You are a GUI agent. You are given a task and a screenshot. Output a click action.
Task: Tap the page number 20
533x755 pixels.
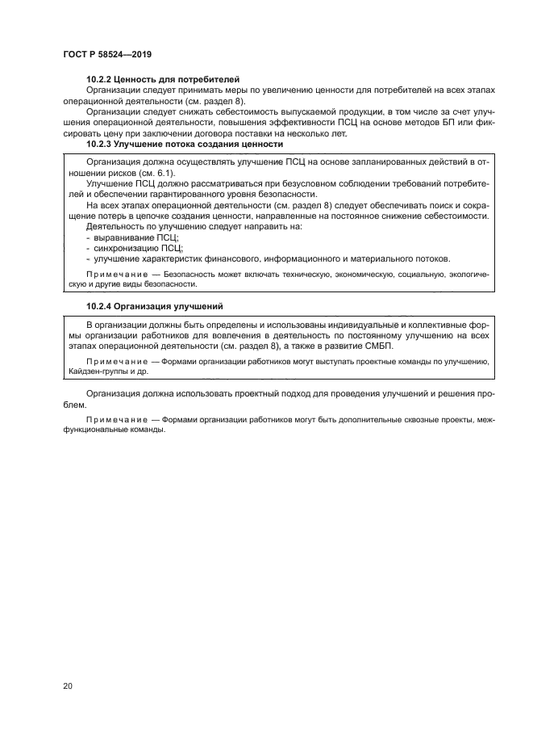(x=68, y=686)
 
